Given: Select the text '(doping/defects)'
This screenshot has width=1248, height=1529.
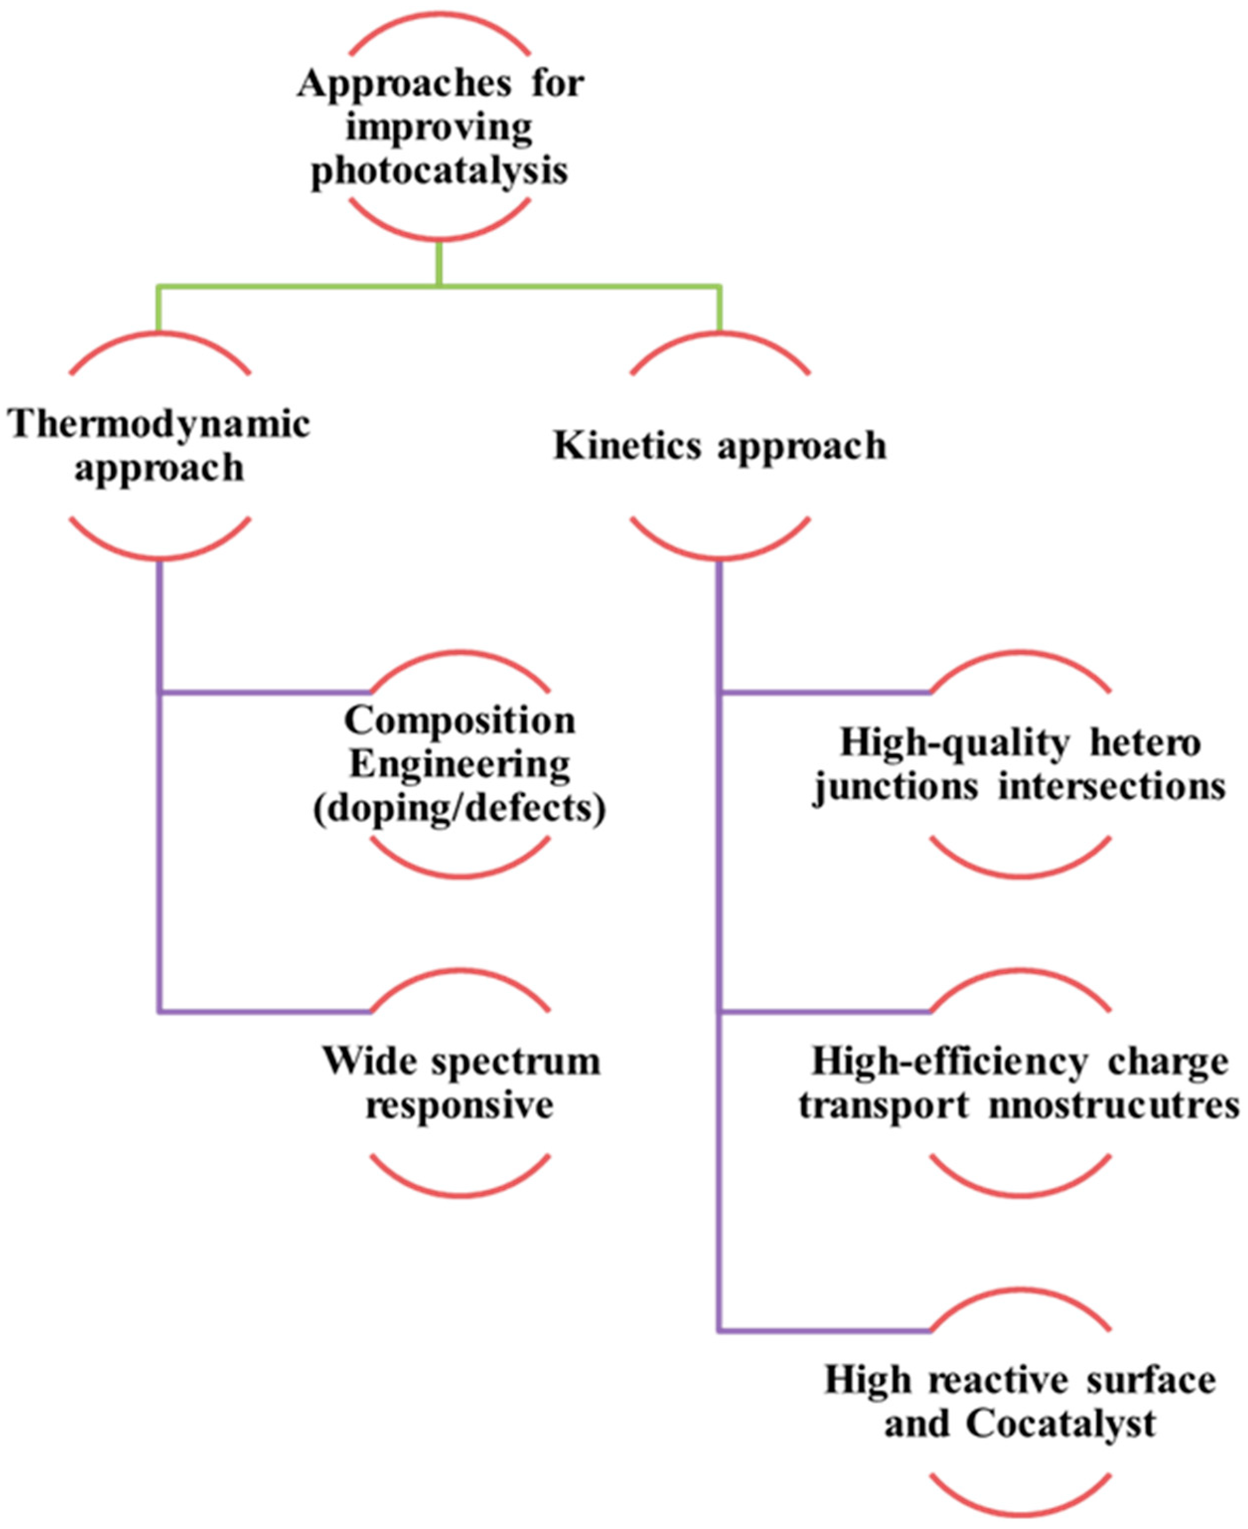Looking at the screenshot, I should pos(460,809).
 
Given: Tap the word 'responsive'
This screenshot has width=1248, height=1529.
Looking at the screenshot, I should pos(460,1106).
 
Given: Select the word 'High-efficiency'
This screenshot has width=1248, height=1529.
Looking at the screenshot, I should pos(949,1062).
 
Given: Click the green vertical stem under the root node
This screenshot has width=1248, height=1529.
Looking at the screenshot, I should pos(439,263).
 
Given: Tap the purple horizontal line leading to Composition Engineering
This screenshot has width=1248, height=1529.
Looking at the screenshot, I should pos(266,693).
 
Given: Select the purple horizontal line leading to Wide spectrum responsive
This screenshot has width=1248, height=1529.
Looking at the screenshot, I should pos(266,1013).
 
